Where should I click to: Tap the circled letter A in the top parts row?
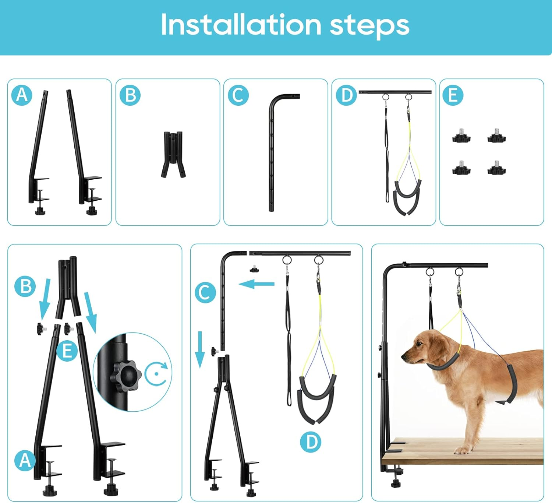pos(22,95)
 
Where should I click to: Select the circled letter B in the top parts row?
pos(130,95)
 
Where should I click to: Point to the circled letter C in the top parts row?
pos(238,95)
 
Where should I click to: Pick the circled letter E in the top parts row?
pos(453,95)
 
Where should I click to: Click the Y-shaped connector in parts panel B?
pos(173,155)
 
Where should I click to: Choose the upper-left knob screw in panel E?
pos(461,137)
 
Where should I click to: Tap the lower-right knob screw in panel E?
pos(496,168)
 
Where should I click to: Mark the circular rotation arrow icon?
pos(156,373)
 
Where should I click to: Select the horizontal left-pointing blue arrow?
pos(256,284)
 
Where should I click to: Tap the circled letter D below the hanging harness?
pos(311,442)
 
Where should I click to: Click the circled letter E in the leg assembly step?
pos(67,351)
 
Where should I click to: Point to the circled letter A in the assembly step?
pos(25,461)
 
